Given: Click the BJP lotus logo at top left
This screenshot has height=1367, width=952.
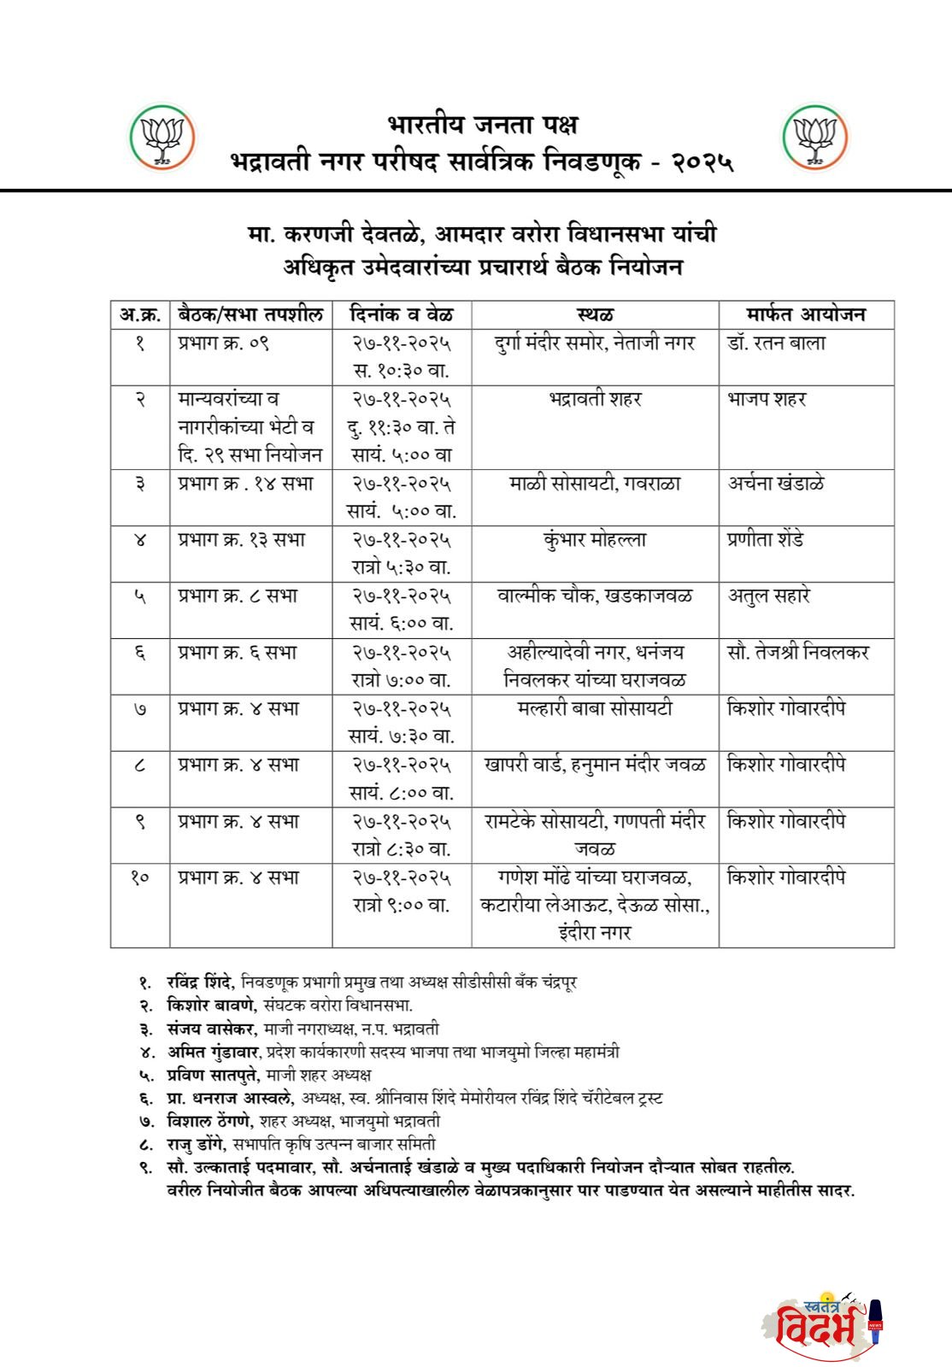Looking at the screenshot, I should pos(162,137).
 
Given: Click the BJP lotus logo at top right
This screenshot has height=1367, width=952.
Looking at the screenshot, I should pos(815,137).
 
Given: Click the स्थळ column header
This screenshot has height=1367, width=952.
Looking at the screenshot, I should pos(595,314).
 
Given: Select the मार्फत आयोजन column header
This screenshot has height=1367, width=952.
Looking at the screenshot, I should pos(806,314).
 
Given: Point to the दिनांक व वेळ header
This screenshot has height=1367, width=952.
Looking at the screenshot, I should pos(402,314).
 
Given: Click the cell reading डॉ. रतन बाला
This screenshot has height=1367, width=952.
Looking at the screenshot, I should pos(777,343).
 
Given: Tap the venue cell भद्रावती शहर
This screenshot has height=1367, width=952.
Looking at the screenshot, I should pos(595,399).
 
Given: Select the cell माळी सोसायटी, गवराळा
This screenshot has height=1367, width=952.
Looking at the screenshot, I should pos(595,484).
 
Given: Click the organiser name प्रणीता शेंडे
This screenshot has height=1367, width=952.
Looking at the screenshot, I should pos(766,540).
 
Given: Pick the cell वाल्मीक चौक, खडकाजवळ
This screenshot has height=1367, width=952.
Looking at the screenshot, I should pos(595,596).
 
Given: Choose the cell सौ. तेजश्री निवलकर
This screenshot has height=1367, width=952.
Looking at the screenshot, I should pos(798,653).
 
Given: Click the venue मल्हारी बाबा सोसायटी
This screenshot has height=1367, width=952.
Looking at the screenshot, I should pos(595,709).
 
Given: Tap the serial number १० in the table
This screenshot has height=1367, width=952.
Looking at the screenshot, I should pos(140,877).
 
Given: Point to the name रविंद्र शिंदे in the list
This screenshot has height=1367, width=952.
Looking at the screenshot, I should pos(199,983).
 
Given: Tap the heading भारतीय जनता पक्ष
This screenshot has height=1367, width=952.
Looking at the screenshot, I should pos(483,125).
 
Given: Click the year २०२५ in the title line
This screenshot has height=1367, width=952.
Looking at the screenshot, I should pos(702,161).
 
